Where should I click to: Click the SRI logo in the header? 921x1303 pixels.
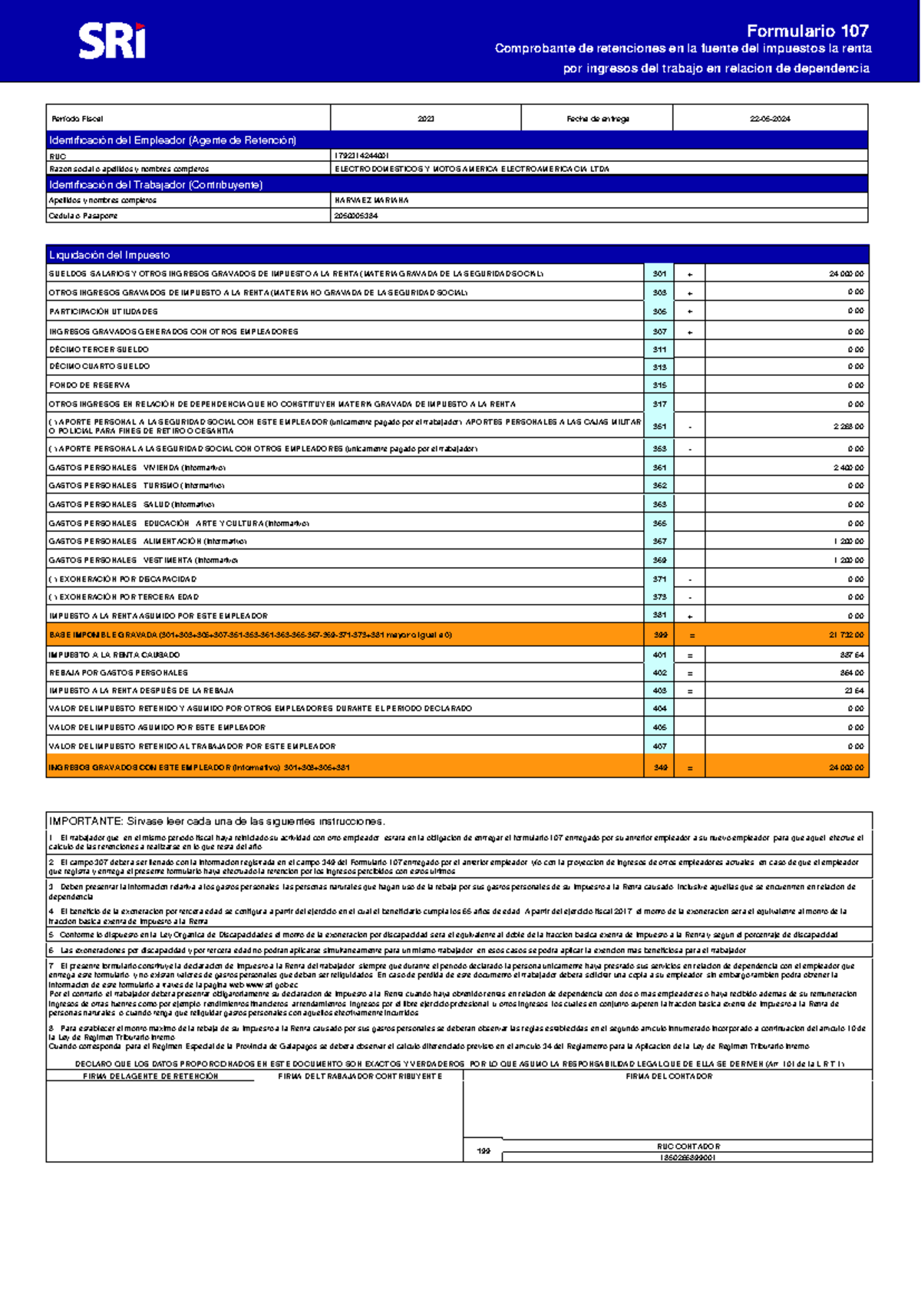click(112, 41)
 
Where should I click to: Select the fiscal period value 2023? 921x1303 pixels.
click(426, 119)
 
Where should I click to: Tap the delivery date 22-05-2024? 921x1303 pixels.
click(770, 119)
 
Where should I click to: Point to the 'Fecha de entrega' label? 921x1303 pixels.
click(598, 119)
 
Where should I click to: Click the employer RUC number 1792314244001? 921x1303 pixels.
click(361, 156)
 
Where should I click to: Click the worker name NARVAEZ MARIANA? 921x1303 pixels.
click(371, 200)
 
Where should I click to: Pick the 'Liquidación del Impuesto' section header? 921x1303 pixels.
click(109, 255)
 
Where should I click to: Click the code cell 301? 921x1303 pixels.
click(659, 274)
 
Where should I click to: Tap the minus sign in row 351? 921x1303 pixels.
click(690, 427)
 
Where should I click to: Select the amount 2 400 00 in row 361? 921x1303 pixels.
click(849, 467)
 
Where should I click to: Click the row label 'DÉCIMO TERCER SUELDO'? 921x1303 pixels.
click(99, 349)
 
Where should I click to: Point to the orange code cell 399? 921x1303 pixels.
click(660, 635)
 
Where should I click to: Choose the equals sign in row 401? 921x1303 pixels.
click(690, 655)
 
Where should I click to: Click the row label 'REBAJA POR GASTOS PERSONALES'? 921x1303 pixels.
click(118, 673)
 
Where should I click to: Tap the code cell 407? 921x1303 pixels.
click(659, 746)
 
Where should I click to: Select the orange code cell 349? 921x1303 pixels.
click(660, 767)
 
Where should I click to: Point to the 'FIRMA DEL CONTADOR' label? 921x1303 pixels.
click(668, 1077)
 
